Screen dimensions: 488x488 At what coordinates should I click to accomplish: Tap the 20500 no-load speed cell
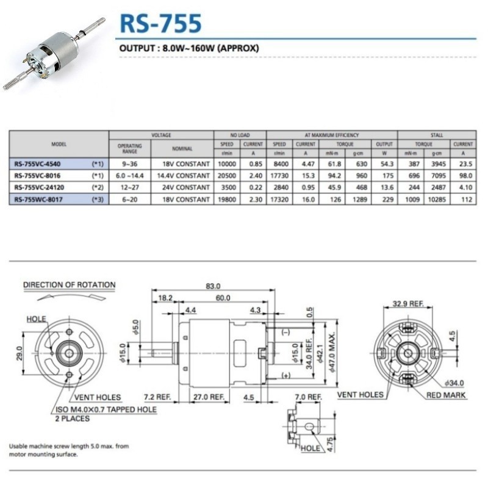pos(227,175)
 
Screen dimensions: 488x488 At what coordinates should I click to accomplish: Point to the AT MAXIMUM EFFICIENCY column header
pos(331,135)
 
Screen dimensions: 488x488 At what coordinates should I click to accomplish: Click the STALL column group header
pos(436,135)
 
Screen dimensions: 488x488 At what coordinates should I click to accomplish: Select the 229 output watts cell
pos(384,198)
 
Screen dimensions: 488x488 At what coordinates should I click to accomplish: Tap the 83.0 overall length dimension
pos(213,285)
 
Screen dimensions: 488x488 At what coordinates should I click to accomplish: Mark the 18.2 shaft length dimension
pos(165,298)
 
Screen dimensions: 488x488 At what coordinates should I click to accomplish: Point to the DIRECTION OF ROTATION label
pos(69,284)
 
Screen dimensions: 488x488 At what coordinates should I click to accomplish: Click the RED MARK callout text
pos(446,395)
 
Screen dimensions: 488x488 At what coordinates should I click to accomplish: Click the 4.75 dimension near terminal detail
pos(329,439)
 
